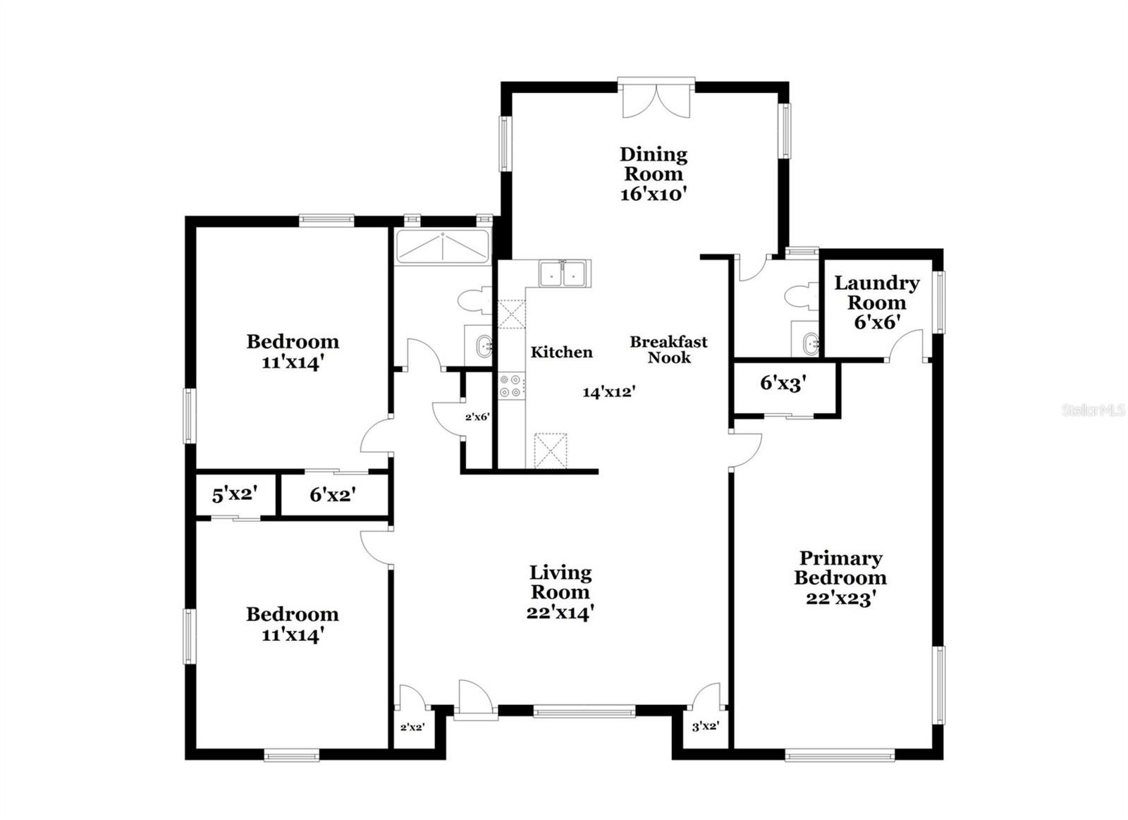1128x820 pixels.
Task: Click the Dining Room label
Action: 653,173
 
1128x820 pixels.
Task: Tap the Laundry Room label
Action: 877,302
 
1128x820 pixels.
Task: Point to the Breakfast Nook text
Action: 669,350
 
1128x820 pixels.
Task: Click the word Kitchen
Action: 561,352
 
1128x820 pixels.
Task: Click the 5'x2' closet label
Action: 235,495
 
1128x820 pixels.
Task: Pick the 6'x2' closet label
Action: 333,495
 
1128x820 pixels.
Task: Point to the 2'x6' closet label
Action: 477,417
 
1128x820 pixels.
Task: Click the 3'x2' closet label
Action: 706,726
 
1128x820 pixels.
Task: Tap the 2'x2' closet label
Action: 412,728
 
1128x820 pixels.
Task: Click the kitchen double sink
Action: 565,274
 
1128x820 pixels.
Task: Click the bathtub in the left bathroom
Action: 443,247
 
